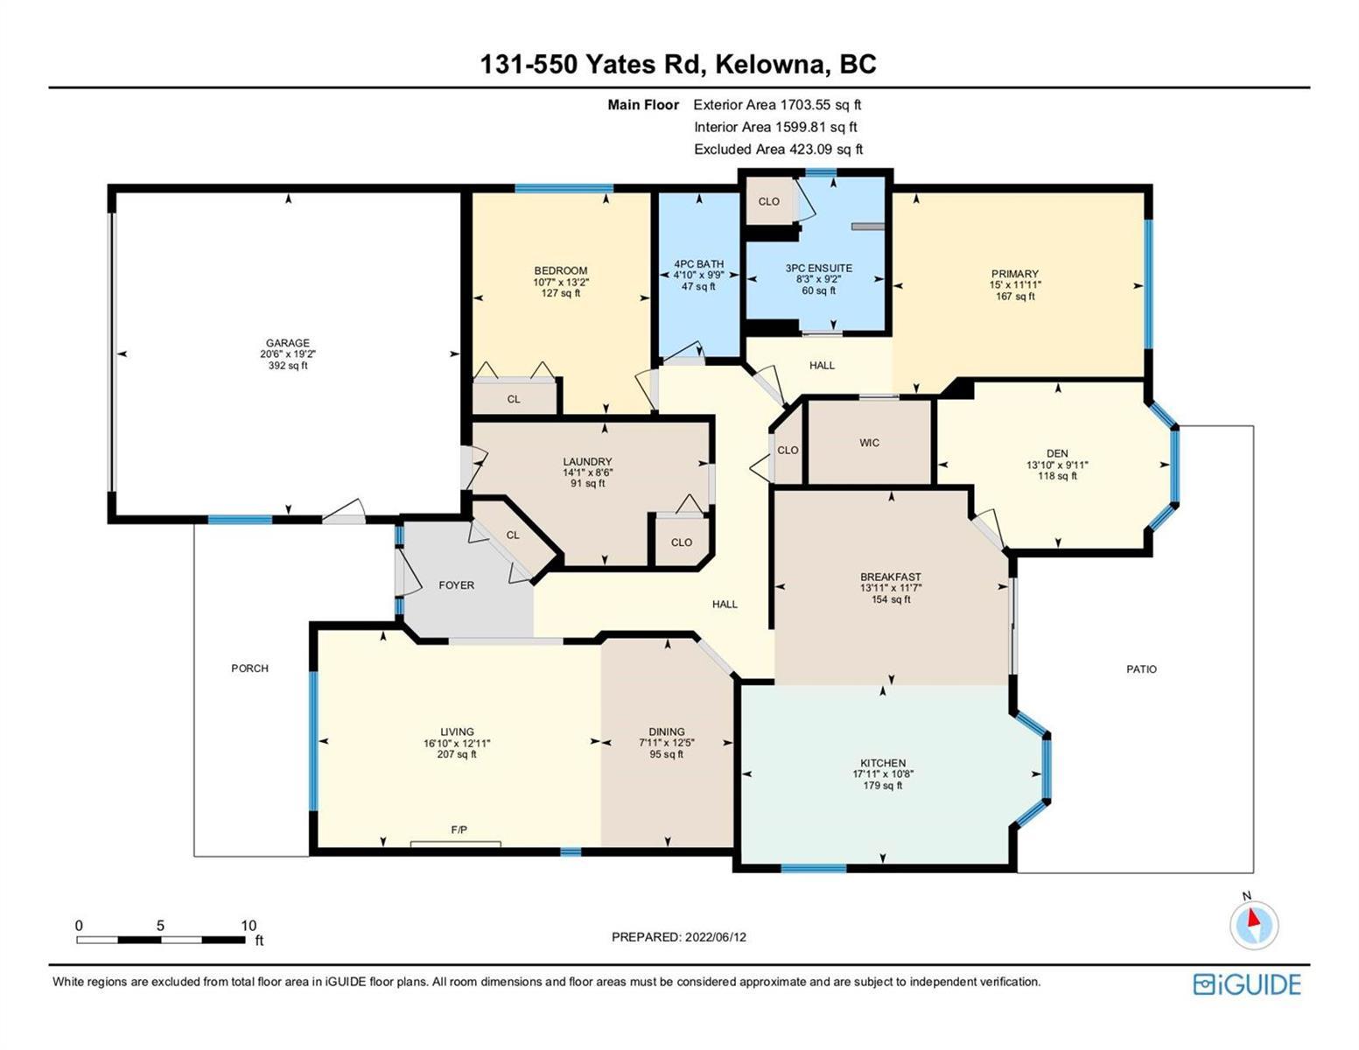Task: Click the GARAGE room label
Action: (288, 343)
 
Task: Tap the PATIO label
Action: (1141, 669)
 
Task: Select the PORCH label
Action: (249, 668)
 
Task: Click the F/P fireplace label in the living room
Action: (459, 829)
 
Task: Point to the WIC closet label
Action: (869, 443)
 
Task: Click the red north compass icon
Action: (1253, 925)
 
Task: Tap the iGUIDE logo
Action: (1247, 984)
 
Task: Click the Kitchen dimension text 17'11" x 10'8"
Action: (882, 774)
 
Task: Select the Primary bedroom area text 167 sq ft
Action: (1015, 296)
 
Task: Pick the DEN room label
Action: (1058, 453)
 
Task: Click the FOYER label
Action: (457, 585)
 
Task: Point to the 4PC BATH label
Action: (698, 264)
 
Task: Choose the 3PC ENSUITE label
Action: (819, 269)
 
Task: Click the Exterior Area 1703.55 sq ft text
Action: (777, 105)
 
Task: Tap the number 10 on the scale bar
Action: (249, 926)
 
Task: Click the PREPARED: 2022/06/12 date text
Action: (678, 937)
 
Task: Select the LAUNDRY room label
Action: (587, 462)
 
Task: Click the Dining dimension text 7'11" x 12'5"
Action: (667, 743)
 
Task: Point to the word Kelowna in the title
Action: (769, 65)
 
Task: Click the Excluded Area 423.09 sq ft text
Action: (779, 150)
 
